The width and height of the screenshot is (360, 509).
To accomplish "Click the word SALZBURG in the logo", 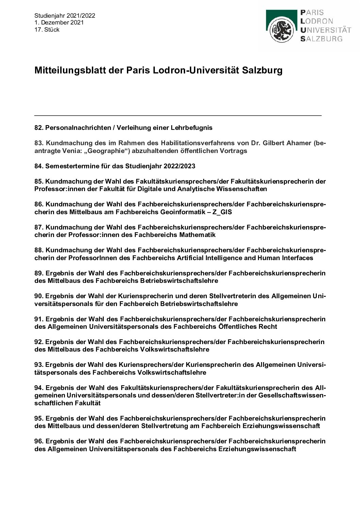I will (x=321, y=39).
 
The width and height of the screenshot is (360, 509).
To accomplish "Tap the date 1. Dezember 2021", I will (x=59, y=22).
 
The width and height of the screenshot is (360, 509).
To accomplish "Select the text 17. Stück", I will (x=47, y=30).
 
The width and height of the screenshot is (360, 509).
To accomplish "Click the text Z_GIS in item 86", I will (x=223, y=212).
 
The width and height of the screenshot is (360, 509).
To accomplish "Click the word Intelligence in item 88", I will (x=224, y=258).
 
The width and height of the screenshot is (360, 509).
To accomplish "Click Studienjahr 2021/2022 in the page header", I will (x=65, y=16).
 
